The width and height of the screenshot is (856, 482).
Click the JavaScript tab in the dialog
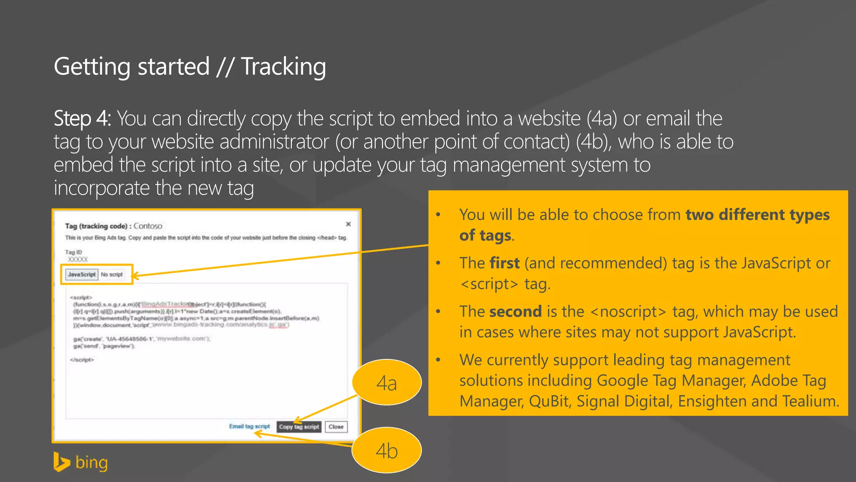pyautogui.click(x=82, y=274)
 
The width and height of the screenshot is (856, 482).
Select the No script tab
pyautogui.click(x=112, y=274)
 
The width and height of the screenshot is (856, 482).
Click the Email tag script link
pyautogui.click(x=250, y=426)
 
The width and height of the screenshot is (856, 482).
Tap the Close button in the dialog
pyautogui.click(x=336, y=427)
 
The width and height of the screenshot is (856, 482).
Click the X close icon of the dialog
pyautogui.click(x=348, y=224)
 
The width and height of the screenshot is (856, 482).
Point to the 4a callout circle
pyautogui.click(x=387, y=382)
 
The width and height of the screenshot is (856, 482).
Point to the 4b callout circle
pyautogui.click(x=387, y=451)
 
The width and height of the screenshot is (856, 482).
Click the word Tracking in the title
pyautogui.click(x=283, y=67)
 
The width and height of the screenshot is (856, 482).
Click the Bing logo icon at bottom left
pyautogui.click(x=61, y=462)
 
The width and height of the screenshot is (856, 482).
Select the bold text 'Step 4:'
pyautogui.click(x=82, y=119)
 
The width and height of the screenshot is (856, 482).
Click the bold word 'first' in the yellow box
pyautogui.click(x=504, y=263)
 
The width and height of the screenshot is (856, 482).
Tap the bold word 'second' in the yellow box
pyautogui.click(x=515, y=312)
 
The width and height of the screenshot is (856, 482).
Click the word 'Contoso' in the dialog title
pyautogui.click(x=148, y=226)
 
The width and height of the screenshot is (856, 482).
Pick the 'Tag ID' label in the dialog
pyautogui.click(x=74, y=252)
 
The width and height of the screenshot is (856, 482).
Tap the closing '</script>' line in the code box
pyautogui.click(x=82, y=360)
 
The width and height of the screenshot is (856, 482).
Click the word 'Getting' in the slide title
pyautogui.click(x=92, y=67)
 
